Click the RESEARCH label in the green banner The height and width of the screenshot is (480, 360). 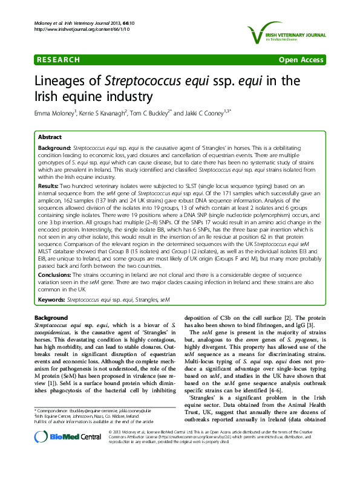pyautogui.click(x=58, y=60)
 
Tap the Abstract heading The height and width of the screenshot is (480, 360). pyautogui.click(x=50, y=138)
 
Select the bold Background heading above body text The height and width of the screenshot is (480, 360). pyautogui.click(x=51, y=318)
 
